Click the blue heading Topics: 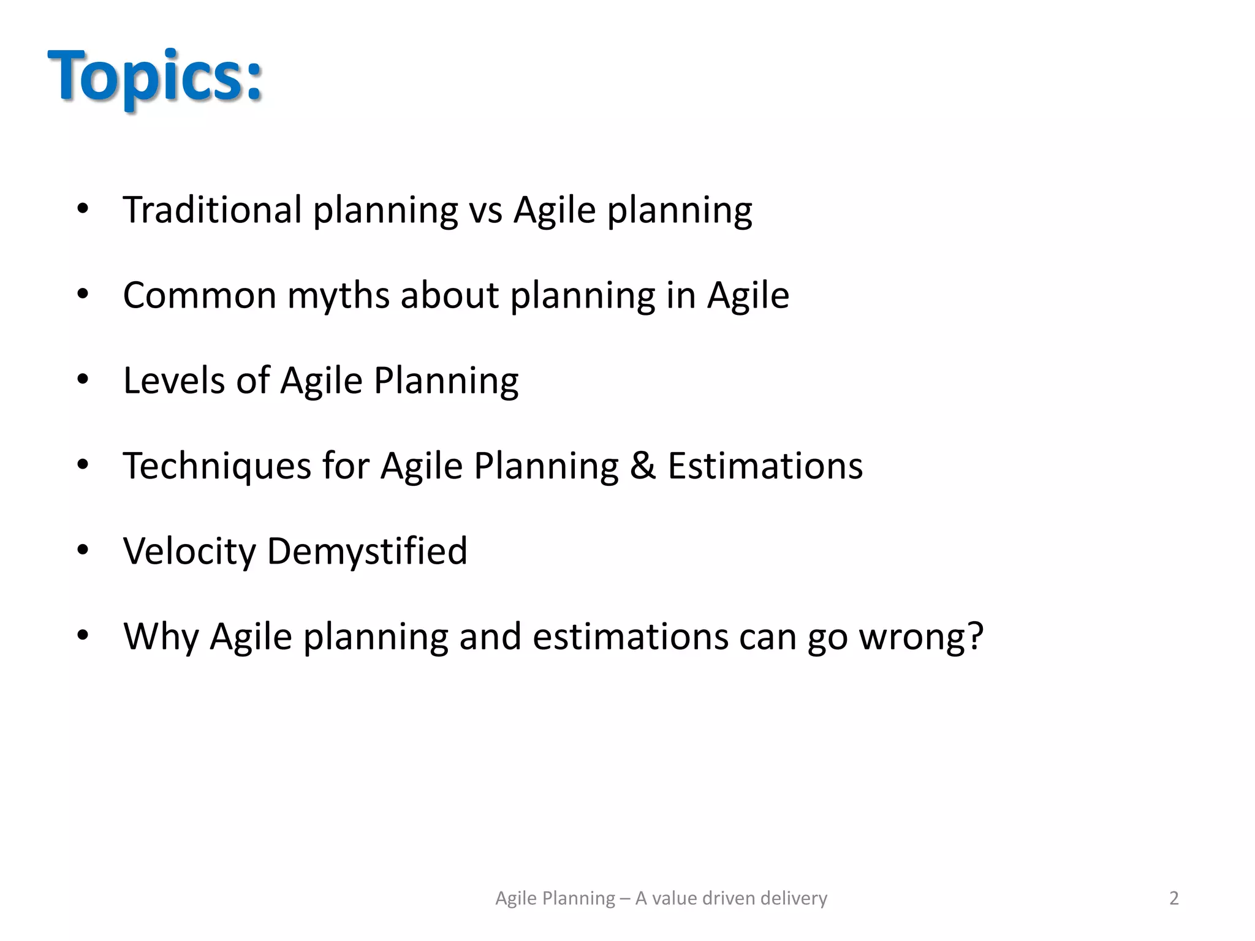tap(155, 77)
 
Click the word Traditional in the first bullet tap(212, 210)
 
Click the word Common tap(200, 295)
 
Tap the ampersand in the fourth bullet tap(643, 466)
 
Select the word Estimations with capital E tap(765, 466)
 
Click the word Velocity tap(189, 551)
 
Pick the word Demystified tap(367, 551)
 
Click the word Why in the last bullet tap(161, 637)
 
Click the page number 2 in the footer tap(1173, 898)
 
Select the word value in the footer tap(675, 898)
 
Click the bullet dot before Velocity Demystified tap(83, 550)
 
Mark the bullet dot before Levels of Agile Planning tap(83, 379)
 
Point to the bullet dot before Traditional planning tap(83, 209)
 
